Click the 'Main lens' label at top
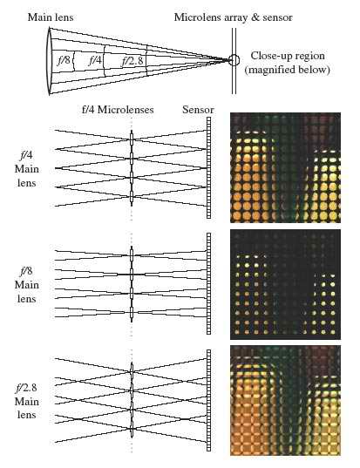pos(51,17)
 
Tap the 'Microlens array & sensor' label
pos(233,17)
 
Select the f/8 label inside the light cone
pos(64,60)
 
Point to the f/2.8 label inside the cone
pos(132,61)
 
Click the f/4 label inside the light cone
pos(95,61)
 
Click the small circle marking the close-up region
pos(234,60)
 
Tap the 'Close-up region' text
pos(288,56)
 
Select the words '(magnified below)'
pos(287,70)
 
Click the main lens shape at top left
pos(50,61)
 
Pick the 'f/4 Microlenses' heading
pos(118,110)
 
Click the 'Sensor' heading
pos(198,110)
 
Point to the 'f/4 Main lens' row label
pos(26,169)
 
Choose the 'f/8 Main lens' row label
pos(26,285)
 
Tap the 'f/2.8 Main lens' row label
pos(26,401)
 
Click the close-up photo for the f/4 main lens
pos(285,167)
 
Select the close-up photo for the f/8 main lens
pos(285,284)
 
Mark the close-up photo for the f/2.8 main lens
pos(285,401)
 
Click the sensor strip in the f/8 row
pos(208,283)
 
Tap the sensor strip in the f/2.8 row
pos(208,401)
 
